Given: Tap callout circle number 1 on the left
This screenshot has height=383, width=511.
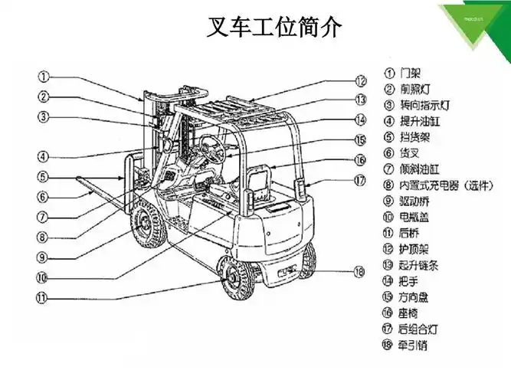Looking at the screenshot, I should [x=44, y=77].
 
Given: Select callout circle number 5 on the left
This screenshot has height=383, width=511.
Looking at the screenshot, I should [x=44, y=176].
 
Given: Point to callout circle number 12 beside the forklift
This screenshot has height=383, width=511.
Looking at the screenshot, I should [x=361, y=80].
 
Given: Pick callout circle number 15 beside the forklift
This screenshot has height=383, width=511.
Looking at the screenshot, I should [x=361, y=140].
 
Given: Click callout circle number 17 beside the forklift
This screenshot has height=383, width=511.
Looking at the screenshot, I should [x=361, y=182].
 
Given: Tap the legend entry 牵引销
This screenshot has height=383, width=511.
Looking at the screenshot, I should [x=414, y=345].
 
